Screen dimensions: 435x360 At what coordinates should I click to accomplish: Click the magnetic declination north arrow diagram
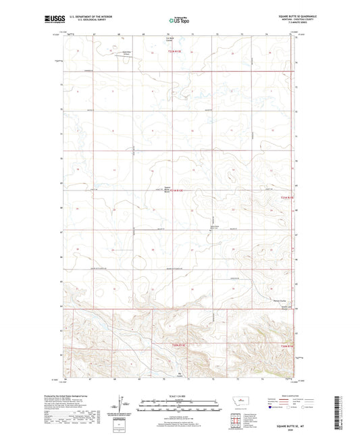pyautogui.click(x=120, y=404)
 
